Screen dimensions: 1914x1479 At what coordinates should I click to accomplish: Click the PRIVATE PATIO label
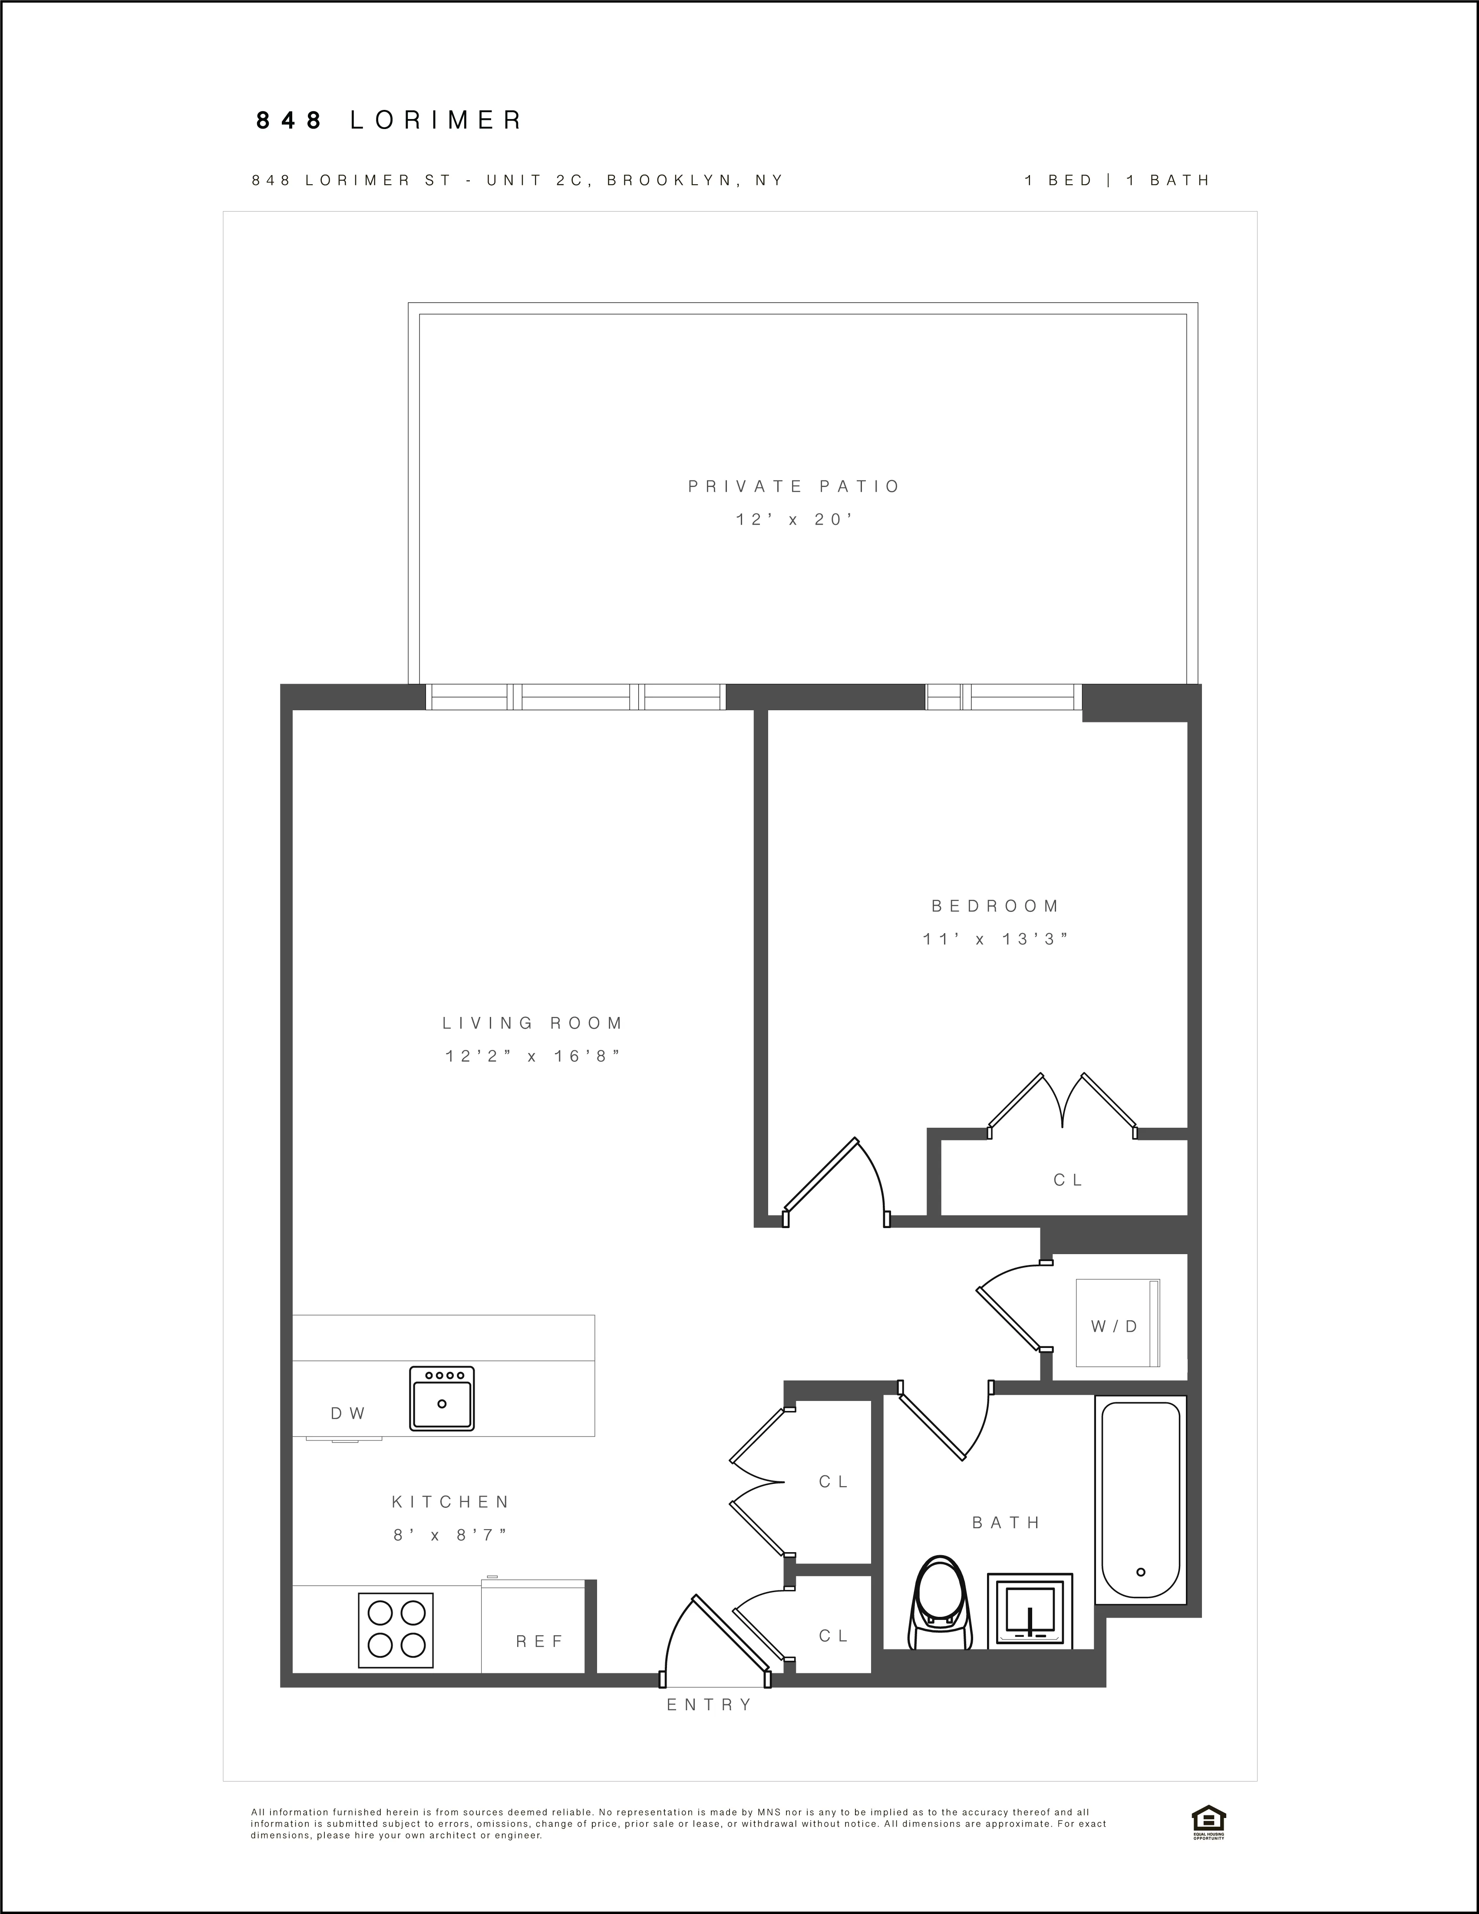click(794, 487)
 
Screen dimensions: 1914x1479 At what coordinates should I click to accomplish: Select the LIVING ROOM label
click(533, 1023)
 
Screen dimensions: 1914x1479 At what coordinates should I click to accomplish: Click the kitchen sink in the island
click(442, 1398)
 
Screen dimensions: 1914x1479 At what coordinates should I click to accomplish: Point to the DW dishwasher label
click(348, 1414)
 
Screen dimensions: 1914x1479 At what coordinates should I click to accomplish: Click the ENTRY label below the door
click(710, 1705)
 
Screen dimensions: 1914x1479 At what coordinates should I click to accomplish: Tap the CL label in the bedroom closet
click(1068, 1179)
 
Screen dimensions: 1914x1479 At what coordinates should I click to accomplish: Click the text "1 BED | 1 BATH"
click(1117, 181)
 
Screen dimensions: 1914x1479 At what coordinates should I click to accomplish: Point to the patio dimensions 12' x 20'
click(794, 520)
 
